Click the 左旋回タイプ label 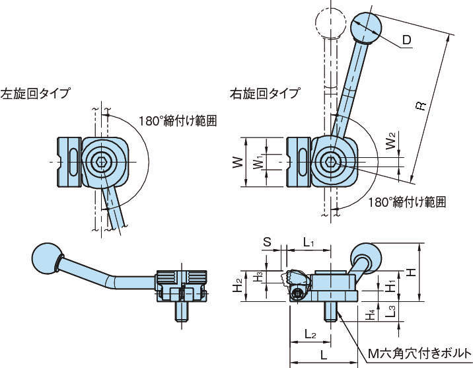click(x=36, y=93)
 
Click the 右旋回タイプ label click(x=264, y=93)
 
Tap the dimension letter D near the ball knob click(x=407, y=41)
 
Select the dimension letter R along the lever click(x=421, y=108)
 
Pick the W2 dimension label click(x=392, y=140)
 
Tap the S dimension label click(x=267, y=242)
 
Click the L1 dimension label click(x=309, y=242)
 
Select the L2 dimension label click(x=309, y=334)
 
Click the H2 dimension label click(x=237, y=285)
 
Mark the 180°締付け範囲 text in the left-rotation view click(x=178, y=121)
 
